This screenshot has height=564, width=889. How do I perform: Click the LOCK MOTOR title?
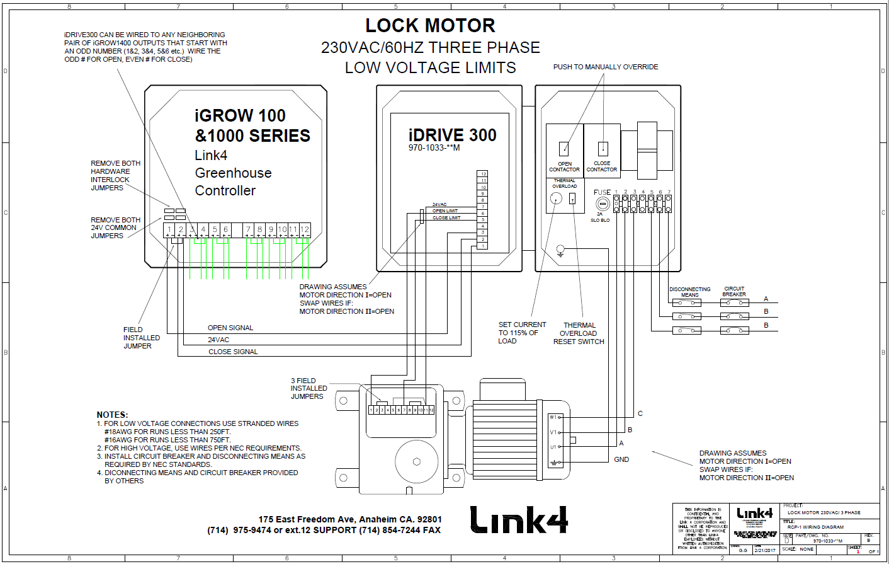(430, 26)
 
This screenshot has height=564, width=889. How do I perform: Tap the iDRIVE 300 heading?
(452, 135)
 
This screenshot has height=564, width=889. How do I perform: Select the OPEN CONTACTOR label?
(564, 166)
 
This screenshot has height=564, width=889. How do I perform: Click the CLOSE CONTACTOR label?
(602, 166)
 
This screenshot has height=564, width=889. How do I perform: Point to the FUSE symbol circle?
(603, 204)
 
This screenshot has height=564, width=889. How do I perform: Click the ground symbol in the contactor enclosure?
(560, 251)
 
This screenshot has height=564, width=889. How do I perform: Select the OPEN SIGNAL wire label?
(230, 328)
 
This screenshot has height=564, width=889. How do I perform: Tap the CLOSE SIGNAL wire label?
(233, 352)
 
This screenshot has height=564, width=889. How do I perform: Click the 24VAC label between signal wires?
(218, 340)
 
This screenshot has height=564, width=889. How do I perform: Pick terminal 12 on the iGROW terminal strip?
(305, 229)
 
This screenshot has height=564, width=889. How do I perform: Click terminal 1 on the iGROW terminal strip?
(169, 229)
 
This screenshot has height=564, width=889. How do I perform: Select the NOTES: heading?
(112, 415)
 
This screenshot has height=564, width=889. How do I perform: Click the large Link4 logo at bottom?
(519, 521)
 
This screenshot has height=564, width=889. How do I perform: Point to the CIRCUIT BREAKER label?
(734, 291)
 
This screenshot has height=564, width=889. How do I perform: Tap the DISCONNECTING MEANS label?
(689, 292)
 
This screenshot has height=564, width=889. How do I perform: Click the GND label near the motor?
(621, 459)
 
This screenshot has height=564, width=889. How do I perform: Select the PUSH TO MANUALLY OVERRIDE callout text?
(605, 67)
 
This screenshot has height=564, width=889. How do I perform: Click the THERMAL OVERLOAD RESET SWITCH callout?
(579, 333)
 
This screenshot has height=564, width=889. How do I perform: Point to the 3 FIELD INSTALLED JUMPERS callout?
(309, 388)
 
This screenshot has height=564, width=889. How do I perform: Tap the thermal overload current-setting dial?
(556, 199)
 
